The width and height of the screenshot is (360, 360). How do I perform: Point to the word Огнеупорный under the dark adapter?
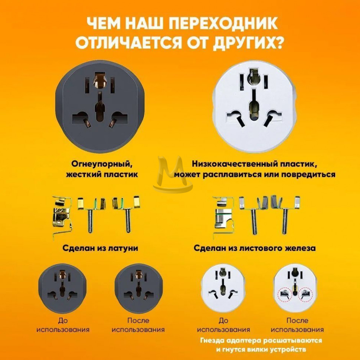[102, 164]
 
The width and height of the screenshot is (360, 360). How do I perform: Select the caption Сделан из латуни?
[100, 248]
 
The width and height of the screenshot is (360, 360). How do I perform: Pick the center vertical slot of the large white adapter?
[253, 104]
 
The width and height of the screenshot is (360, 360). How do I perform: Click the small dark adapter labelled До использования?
[62, 288]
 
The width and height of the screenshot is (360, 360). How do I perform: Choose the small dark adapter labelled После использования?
[138, 288]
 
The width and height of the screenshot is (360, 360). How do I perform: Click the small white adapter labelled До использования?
[222, 288]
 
